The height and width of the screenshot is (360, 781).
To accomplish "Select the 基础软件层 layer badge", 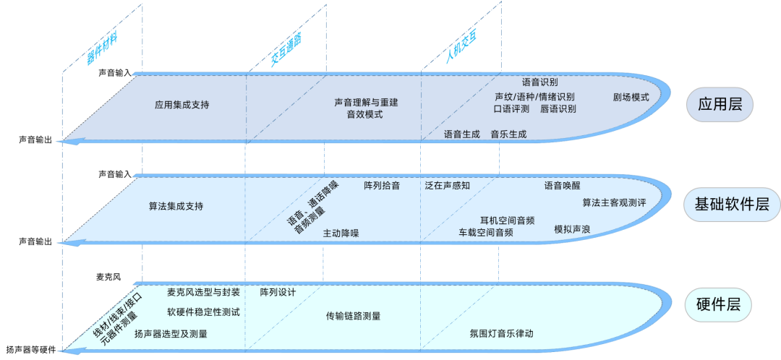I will [731, 206].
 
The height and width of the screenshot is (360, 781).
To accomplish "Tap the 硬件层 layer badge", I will [720, 304].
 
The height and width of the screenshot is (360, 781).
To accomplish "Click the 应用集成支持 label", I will [182, 105].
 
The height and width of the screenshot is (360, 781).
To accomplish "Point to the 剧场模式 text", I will [631, 98].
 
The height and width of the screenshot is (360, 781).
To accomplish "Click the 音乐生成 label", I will [508, 134].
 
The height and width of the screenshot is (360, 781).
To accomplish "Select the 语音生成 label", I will [461, 134].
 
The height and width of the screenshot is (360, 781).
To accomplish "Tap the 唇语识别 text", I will [558, 109].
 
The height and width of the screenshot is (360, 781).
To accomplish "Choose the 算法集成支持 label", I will [176, 206].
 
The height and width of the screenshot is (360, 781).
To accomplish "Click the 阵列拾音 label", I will [381, 186].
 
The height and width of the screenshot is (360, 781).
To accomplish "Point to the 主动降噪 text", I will [341, 233].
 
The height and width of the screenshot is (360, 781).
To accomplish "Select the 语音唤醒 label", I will [562, 186].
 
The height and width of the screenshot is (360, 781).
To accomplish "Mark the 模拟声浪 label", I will [572, 229].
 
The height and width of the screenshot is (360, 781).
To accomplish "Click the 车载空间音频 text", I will [486, 233].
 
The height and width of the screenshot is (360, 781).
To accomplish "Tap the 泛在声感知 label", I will [448, 186].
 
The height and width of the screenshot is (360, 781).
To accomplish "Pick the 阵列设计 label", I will [278, 293].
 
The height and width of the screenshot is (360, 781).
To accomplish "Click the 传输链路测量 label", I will [353, 316].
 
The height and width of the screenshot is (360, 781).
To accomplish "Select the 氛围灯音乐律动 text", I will [501, 334].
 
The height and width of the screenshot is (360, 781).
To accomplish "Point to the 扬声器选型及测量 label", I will [171, 334].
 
